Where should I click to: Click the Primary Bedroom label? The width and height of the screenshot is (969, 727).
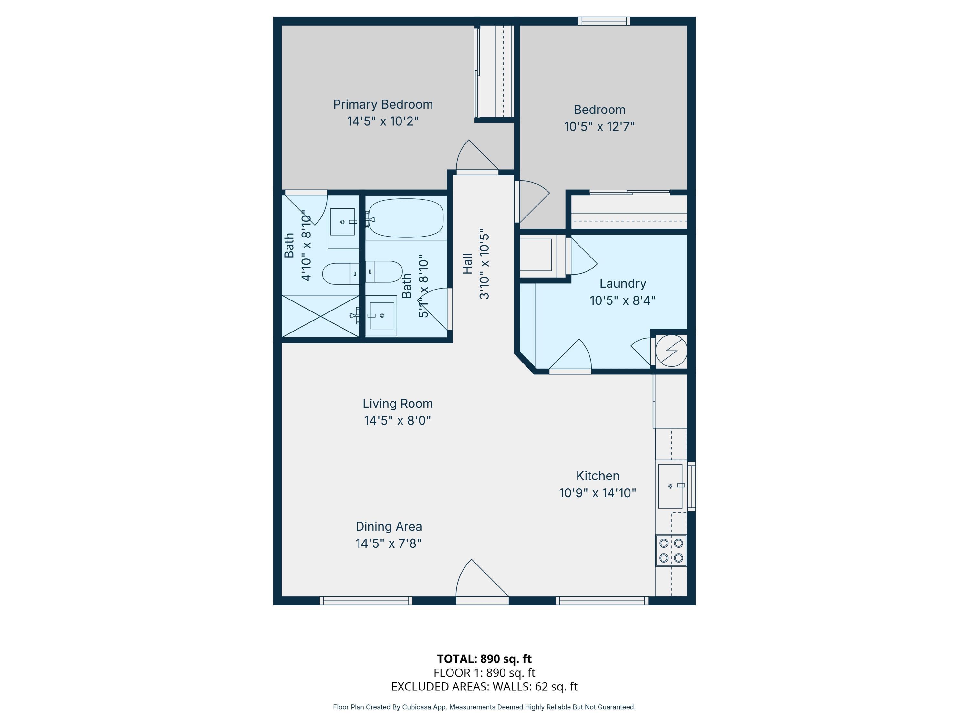click(383, 104)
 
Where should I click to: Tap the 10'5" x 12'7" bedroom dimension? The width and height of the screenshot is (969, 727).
click(599, 127)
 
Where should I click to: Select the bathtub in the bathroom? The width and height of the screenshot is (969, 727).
click(406, 218)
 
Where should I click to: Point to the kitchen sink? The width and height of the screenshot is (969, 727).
click(671, 486)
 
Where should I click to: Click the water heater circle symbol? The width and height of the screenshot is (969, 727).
click(671, 351)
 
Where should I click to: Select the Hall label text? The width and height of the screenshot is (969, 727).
click(467, 263)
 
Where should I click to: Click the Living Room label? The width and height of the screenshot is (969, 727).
click(398, 404)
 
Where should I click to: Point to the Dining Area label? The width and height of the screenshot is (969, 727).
click(389, 526)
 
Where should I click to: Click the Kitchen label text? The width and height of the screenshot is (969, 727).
click(598, 476)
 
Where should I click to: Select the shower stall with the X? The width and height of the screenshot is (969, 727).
click(320, 316)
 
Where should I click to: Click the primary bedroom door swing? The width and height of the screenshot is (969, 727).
click(477, 155)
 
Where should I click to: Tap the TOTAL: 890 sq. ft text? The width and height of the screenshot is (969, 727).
click(484, 659)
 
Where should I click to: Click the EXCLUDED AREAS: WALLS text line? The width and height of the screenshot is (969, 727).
click(484, 686)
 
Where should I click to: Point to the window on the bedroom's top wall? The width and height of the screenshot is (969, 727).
click(604, 21)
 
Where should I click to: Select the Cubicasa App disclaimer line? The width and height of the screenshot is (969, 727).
click(484, 707)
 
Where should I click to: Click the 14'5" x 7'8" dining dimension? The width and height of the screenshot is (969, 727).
click(389, 543)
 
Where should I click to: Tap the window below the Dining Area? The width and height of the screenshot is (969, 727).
click(366, 601)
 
